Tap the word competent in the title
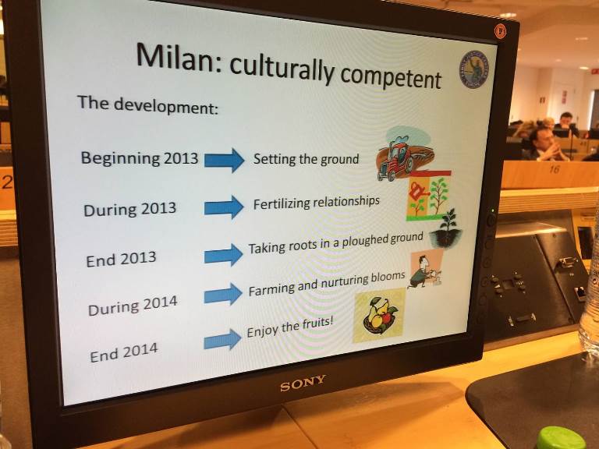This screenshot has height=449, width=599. [x=391, y=76]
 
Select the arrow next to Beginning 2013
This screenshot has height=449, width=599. [x=225, y=160]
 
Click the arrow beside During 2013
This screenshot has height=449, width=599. [x=224, y=207]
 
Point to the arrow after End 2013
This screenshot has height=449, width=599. [x=224, y=255]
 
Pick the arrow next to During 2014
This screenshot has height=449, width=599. [x=223, y=294]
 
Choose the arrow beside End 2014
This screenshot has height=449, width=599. [x=222, y=339]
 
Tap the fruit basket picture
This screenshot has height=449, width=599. [x=379, y=316]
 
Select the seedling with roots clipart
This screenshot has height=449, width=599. [x=446, y=228]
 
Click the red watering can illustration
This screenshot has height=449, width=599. [x=417, y=191]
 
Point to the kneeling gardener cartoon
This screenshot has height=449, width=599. [x=425, y=271]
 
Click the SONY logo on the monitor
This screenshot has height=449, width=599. [x=303, y=383]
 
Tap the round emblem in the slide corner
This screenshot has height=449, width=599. [x=474, y=70]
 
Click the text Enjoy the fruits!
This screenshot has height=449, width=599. [x=290, y=327]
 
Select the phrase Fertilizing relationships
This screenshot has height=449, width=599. [x=317, y=203]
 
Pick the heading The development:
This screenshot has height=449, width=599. [x=148, y=105]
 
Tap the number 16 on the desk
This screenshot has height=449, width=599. [x=555, y=168]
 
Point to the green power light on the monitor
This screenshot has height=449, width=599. [x=492, y=210]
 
